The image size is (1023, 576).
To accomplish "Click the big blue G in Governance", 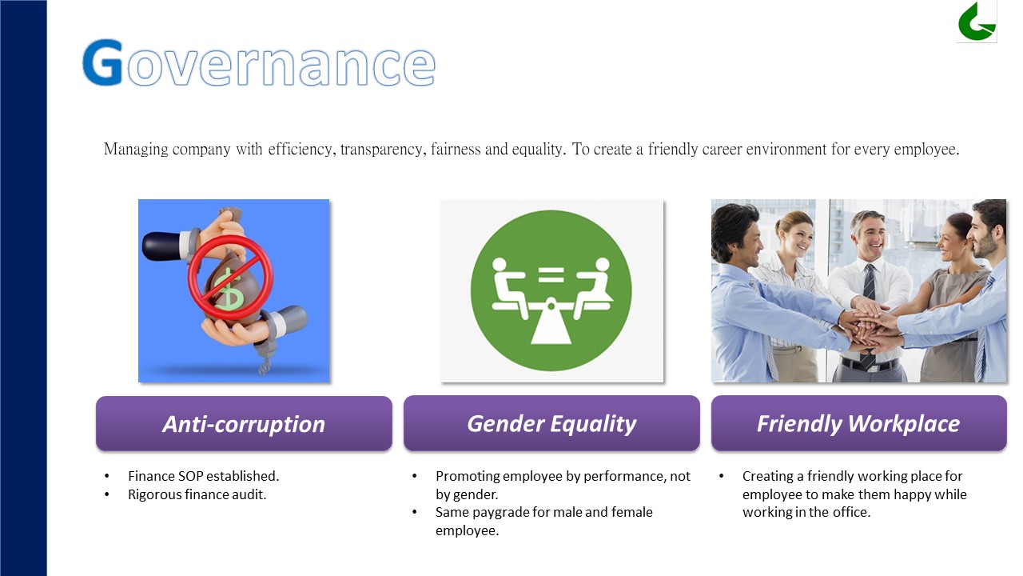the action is pyautogui.click(x=103, y=62).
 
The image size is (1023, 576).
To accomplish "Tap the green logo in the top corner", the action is pyautogui.click(x=977, y=22).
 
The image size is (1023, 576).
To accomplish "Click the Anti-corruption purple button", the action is pyautogui.click(x=244, y=423).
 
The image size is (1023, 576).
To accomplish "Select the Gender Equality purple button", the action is pyautogui.click(x=551, y=423).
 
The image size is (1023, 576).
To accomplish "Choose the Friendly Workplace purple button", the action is pyautogui.click(x=858, y=423).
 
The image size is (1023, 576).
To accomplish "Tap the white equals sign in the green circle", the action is pyautogui.click(x=551, y=275).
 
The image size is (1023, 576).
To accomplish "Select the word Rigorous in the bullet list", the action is pyautogui.click(x=155, y=495).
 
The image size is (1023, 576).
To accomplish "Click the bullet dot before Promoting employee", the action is pyautogui.click(x=415, y=476).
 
